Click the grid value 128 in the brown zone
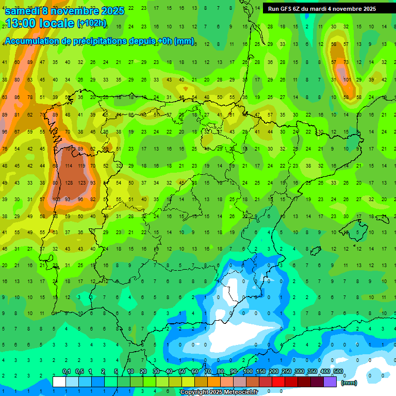pyautogui.click(x=69, y=183)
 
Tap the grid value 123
pyautogui.click(x=81, y=183)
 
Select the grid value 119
pyautogui.click(x=81, y=166)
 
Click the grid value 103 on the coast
pyautogui.click(x=57, y=200)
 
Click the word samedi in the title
pyautogui.click(x=22, y=11)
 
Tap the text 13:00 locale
pyautogui.click(x=40, y=23)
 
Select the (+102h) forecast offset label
pyautogui.click(x=92, y=23)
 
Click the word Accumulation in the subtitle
pyautogui.click(x=34, y=41)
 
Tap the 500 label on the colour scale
pyautogui.click(x=338, y=372)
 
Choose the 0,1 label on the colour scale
pyautogui.click(x=67, y=372)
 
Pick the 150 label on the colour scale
pyautogui.click(x=261, y=372)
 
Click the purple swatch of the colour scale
pyautogui.click(x=331, y=382)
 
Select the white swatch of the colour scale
pyautogui.click(x=59, y=382)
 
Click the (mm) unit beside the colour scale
pyautogui.click(x=349, y=383)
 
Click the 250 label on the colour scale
pyautogui.click(x=287, y=372)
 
